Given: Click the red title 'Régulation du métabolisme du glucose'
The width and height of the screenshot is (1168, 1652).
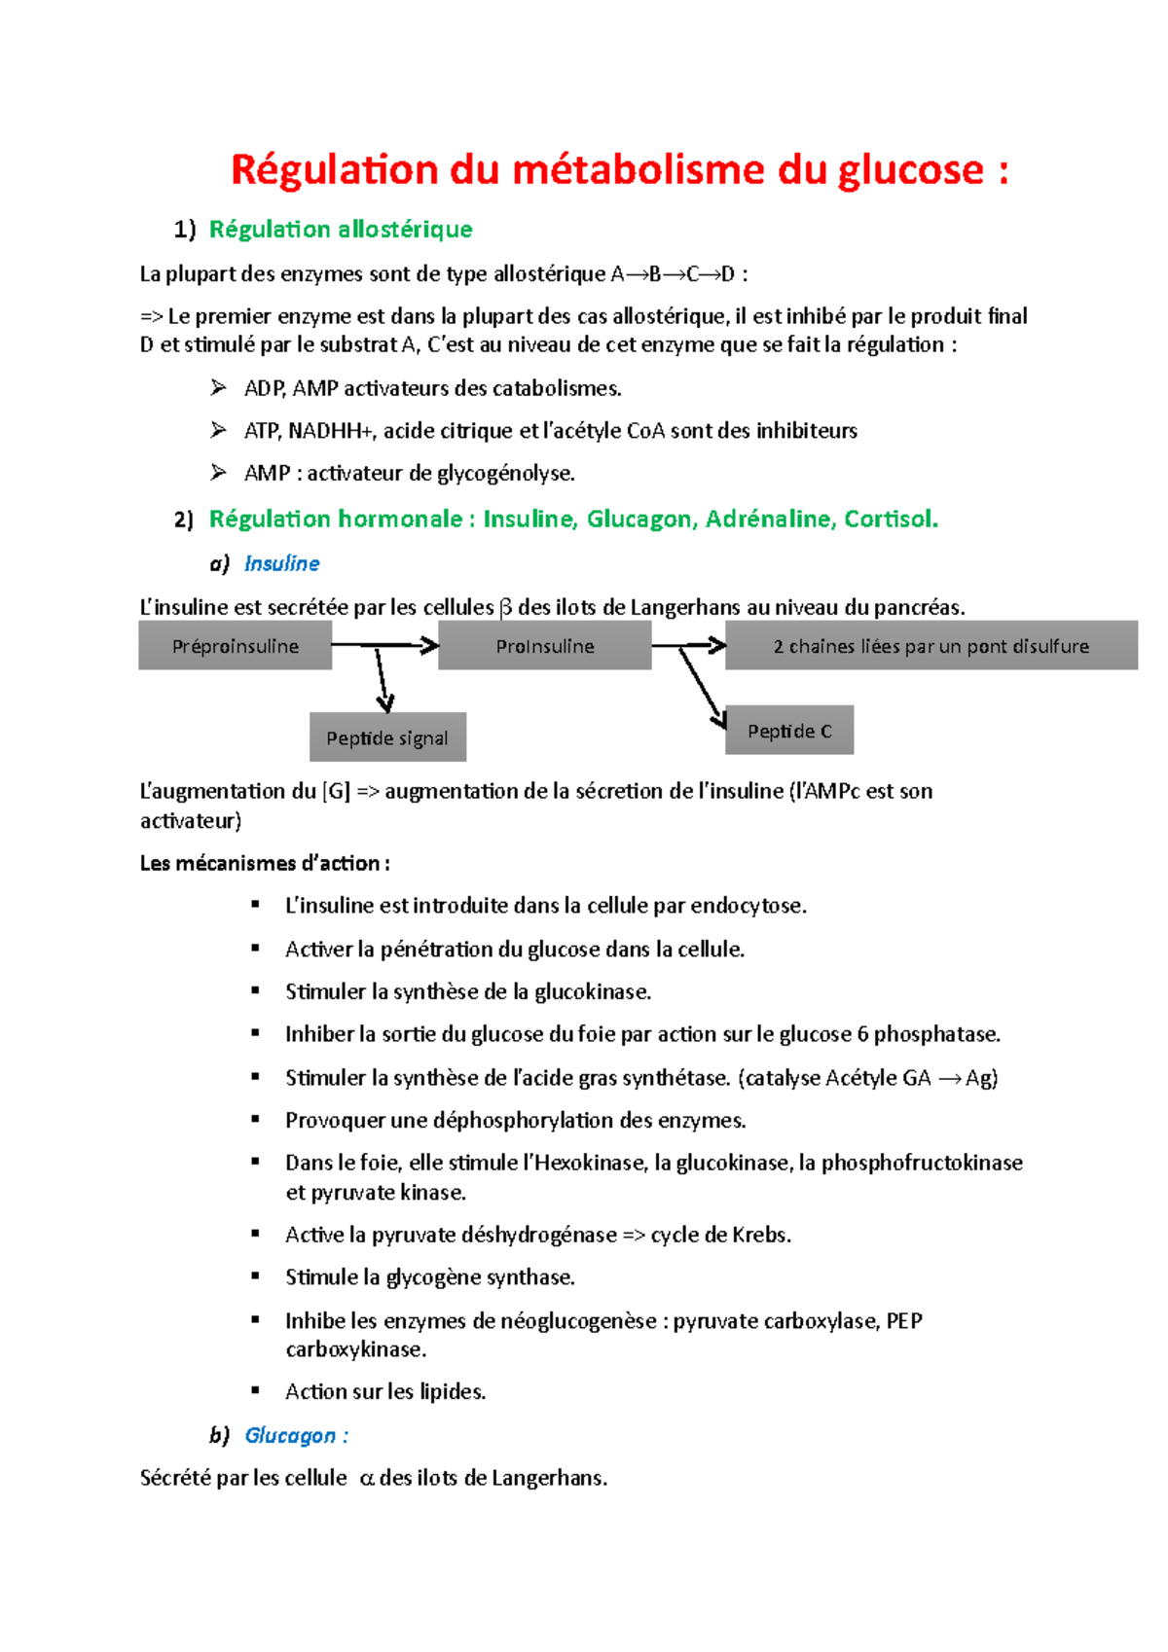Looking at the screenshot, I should pos(619,170).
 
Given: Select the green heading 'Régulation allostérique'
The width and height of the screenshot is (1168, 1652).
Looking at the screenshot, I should pos(341,230).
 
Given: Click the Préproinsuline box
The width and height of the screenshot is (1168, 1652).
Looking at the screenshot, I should pos(235,647).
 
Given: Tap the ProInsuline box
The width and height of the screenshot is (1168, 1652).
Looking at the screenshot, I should pos(544,647).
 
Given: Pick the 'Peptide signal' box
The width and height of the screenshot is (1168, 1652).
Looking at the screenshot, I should pos(387,738).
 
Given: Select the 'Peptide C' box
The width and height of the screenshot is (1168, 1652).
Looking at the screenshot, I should pos(789,732).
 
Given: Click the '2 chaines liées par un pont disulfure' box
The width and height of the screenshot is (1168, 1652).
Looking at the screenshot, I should pos(931,647).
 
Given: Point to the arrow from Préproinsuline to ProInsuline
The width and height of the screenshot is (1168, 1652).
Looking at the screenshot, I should pos(385,645).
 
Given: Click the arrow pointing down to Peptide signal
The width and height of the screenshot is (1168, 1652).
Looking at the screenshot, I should pos(383,681).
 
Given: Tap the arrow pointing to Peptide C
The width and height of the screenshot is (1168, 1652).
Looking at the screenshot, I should pos(702,687).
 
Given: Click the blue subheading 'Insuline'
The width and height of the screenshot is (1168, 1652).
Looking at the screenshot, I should pos(281,564).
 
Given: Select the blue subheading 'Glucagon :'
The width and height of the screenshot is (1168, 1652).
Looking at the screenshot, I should pos(296,1436).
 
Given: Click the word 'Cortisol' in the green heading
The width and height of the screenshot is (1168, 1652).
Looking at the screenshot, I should pos(890,520).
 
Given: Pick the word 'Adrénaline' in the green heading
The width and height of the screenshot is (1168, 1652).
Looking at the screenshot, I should pos(769,520).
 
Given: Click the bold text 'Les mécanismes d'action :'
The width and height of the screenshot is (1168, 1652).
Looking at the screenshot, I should pos(265,864).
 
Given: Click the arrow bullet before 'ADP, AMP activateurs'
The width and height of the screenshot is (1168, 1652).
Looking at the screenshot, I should pos(218,388).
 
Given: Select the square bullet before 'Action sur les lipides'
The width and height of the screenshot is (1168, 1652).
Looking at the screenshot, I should pos(255,1391).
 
